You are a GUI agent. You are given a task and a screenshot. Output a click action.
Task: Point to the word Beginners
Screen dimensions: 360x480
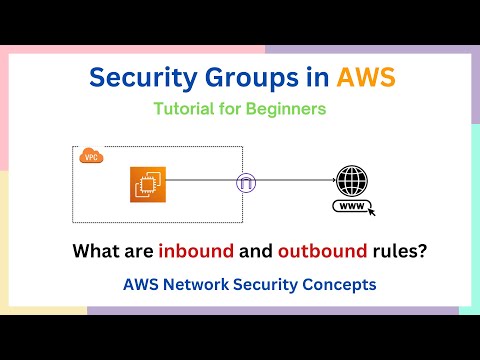click(286, 110)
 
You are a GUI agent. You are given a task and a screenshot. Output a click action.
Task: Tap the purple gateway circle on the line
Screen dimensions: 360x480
click(244, 183)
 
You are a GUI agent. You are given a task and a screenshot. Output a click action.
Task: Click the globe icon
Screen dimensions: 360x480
click(354, 183)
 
